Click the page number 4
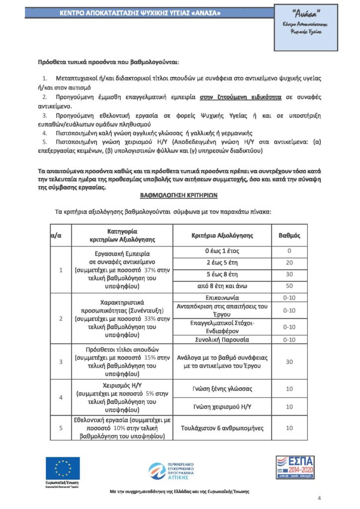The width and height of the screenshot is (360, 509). (320, 498)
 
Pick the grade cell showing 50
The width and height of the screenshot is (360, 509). (289, 286)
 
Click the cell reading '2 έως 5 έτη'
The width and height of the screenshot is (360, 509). (222, 262)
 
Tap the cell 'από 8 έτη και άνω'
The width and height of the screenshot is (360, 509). (222, 286)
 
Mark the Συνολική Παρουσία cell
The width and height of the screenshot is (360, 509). (222, 339)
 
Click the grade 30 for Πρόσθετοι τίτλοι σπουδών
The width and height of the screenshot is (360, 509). (289, 361)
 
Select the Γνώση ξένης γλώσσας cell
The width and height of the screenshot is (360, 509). (222, 388)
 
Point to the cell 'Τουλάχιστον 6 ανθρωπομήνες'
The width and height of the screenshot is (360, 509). (222, 427)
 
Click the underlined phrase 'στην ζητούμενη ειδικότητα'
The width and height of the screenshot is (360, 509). (241, 96)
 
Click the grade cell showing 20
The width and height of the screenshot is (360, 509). (289, 262)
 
